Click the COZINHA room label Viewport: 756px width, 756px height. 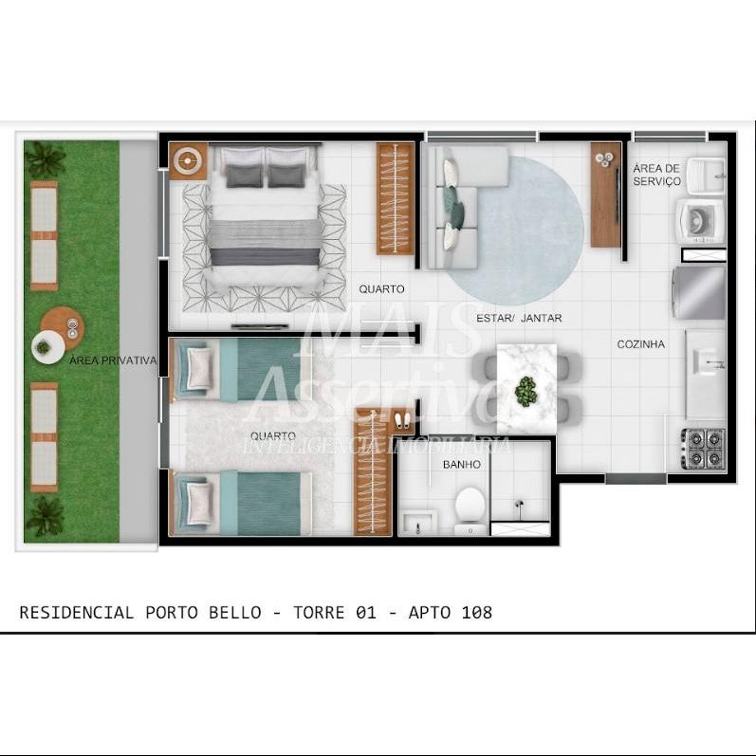(641, 344)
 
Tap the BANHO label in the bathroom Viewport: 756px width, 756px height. (461, 464)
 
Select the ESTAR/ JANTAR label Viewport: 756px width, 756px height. (519, 318)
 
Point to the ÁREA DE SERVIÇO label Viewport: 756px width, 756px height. (656, 175)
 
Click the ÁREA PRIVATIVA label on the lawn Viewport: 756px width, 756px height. (113, 360)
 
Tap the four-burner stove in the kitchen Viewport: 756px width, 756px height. (703, 449)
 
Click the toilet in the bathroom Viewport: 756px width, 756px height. (470, 510)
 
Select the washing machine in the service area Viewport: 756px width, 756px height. (700, 221)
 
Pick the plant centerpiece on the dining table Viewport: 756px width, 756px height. (526, 391)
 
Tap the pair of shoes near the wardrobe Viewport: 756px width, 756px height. (402, 420)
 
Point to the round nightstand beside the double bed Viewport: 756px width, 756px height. (189, 161)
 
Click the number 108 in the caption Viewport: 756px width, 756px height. (477, 613)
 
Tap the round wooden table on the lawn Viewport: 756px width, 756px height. (63, 328)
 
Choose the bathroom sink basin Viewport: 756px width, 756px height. (418, 523)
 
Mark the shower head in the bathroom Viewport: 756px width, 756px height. (519, 505)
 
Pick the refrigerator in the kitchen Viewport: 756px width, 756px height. (700, 293)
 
